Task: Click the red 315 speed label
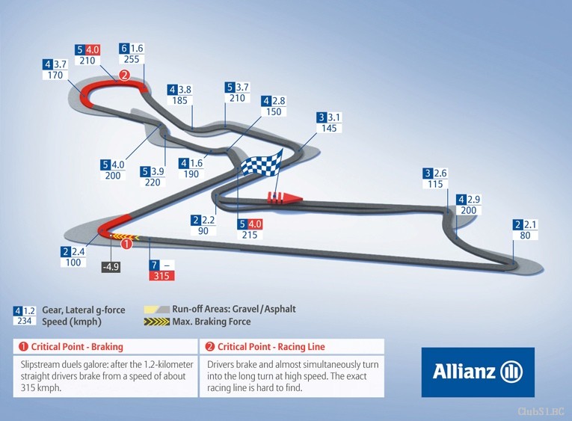point(162,275)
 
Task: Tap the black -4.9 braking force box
point(111,267)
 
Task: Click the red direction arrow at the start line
point(285,197)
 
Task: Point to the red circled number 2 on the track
point(124,76)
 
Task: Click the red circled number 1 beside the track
point(126,243)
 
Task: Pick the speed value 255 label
point(132,59)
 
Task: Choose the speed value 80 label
point(525,236)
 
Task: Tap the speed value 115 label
point(435,184)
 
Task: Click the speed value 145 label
point(329,128)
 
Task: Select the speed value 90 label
point(203,231)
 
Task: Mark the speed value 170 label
point(55,76)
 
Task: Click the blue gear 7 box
point(154,265)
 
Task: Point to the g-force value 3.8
point(185,90)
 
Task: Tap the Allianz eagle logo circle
point(511,372)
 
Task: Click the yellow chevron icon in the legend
point(157,322)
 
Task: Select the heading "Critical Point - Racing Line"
point(271,346)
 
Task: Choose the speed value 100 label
point(73,262)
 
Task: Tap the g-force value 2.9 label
point(474,200)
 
